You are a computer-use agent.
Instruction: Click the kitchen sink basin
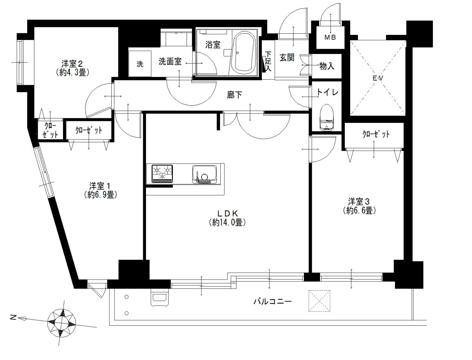[204, 174]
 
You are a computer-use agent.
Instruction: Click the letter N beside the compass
[13, 317]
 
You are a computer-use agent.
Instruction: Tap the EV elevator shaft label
[378, 78]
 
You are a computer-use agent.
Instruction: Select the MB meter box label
[330, 38]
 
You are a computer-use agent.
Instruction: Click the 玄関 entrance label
[287, 57]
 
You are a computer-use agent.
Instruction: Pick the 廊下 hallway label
[234, 95]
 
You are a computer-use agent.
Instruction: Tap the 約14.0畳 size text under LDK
[227, 222]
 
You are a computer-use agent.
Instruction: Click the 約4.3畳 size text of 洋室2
[72, 73]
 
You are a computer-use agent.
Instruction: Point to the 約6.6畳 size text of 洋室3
[359, 211]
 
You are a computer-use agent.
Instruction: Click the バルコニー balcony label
[273, 302]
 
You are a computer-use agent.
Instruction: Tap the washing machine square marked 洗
[140, 64]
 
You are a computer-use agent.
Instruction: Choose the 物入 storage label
[327, 66]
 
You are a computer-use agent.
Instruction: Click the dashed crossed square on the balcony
[319, 301]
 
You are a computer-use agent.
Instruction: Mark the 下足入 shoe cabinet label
[268, 61]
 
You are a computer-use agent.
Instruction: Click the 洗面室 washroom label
[170, 61]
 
